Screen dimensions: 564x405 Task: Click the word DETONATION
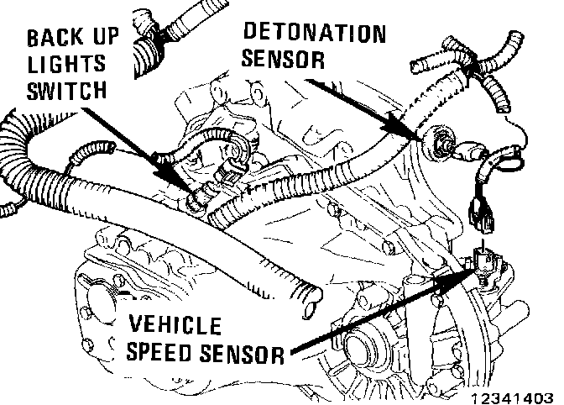click(x=315, y=34)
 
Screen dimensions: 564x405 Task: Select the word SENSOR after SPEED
click(x=242, y=352)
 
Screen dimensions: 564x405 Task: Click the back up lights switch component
click(x=200, y=200)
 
